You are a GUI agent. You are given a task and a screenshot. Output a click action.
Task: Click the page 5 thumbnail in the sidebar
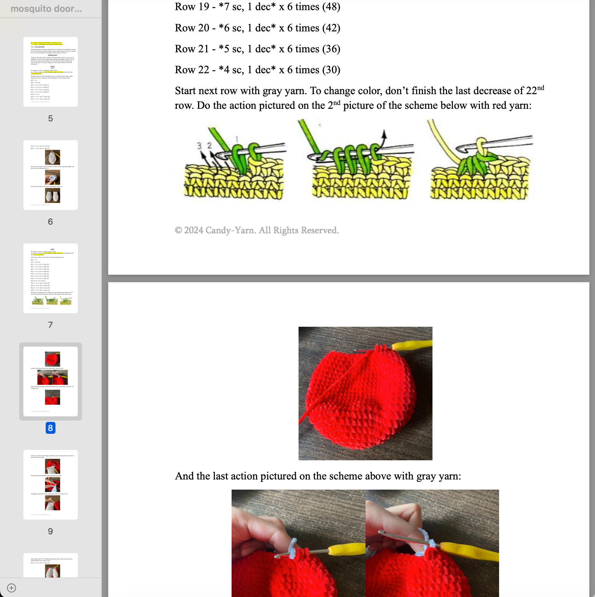pos(51,72)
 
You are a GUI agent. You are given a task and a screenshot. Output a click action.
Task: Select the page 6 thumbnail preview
pos(51,175)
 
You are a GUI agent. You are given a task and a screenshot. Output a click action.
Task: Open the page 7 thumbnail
pos(51,278)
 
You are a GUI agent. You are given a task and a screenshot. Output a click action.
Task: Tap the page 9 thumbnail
pos(51,485)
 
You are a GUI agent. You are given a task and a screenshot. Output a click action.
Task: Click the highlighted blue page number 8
pos(51,428)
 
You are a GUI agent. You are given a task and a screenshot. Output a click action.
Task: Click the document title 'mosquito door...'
pos(46,9)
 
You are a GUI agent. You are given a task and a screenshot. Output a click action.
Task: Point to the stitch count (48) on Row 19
pos(331,7)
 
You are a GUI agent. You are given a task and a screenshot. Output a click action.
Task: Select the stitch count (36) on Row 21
pos(331,49)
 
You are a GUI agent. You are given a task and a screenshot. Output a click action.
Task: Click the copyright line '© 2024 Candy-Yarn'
pos(257,230)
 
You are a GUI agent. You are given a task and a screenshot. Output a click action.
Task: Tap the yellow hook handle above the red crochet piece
pos(412,346)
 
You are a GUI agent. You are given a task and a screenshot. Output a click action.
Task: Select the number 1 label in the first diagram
pos(237,139)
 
